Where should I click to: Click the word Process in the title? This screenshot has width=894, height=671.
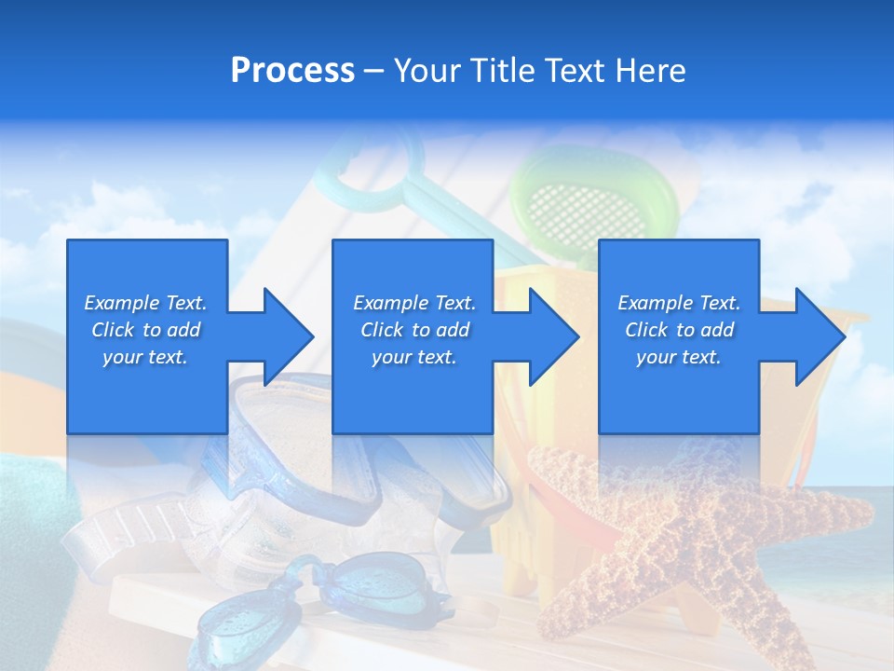tap(292, 71)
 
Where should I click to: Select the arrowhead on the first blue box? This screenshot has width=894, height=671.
tap(285, 336)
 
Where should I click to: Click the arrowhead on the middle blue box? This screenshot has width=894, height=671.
tap(551, 336)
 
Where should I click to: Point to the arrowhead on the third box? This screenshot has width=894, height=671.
tap(817, 336)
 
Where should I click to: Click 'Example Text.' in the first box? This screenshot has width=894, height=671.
tap(146, 303)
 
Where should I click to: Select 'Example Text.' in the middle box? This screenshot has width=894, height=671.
tap(414, 303)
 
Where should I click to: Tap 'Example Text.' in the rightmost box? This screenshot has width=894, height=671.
tap(679, 303)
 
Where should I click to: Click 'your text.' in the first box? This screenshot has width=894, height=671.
tap(146, 357)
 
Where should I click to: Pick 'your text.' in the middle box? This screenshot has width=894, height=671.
tap(414, 357)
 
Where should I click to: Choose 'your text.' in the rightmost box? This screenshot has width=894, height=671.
tap(679, 357)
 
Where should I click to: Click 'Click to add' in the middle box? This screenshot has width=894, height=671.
tap(414, 330)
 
